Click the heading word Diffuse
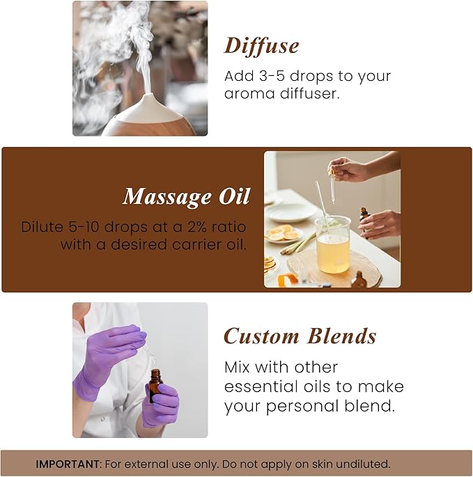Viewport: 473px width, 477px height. [x=261, y=46]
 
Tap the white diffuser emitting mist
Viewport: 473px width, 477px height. [x=148, y=116]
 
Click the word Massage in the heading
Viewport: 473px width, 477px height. [x=163, y=197]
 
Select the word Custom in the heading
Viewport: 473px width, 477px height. [x=261, y=336]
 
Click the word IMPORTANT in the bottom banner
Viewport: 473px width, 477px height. [x=66, y=464]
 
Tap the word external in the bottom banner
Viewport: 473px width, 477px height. [x=174, y=464]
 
